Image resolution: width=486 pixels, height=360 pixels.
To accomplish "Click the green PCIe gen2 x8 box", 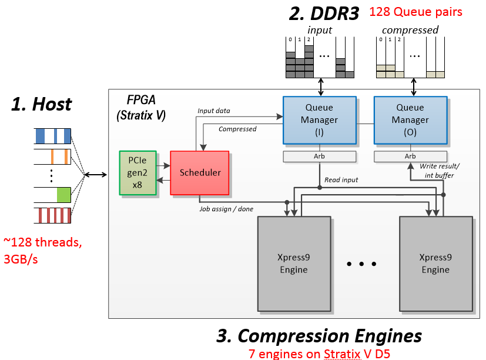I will pos(138,172).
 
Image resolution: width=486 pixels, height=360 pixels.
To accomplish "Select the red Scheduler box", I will pos(199,172).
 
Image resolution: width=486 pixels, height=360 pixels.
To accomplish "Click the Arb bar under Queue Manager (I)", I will pos(319,156).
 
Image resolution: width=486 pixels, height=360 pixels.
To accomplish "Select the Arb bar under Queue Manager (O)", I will pos(410,156).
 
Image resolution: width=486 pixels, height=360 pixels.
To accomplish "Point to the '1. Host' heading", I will pos(42,104).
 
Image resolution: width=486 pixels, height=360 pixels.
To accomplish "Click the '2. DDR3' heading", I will pos(324,14).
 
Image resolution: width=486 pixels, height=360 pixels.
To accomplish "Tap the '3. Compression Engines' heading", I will pos(319,335).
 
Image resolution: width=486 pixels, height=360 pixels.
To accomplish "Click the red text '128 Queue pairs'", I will pos(415,12).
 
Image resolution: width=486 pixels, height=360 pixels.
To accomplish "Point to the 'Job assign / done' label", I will pos(226,208).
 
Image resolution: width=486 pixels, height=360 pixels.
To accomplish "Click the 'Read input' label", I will pos(342,180).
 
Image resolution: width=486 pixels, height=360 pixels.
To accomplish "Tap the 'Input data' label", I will pos(214,110).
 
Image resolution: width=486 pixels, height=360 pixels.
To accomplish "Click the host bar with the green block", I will pos(52,195).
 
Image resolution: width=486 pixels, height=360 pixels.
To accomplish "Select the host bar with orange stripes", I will pos(52,157).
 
